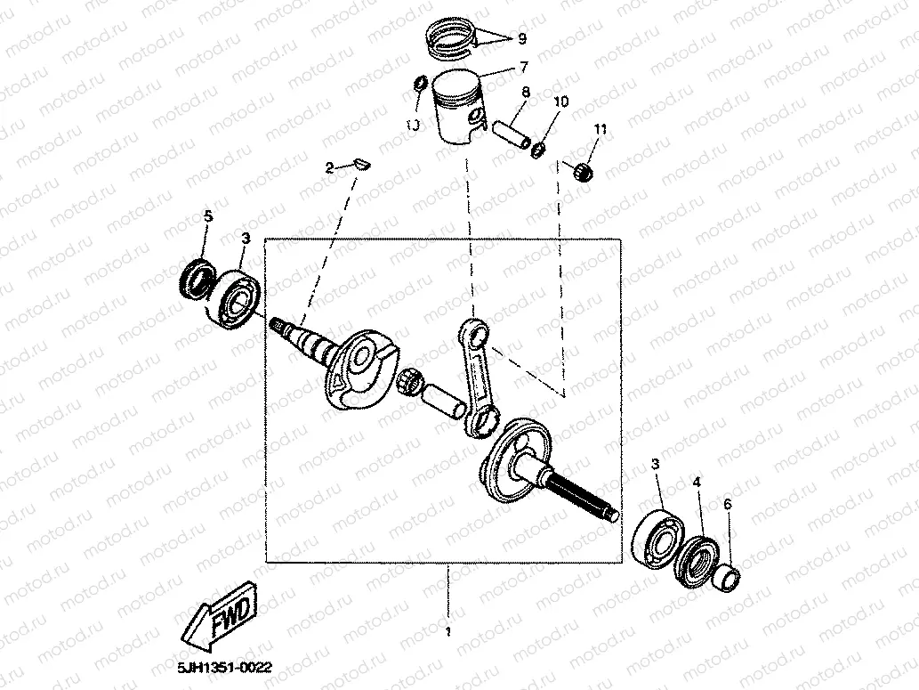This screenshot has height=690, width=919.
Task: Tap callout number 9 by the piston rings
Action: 522,39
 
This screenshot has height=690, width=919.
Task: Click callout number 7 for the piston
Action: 524,67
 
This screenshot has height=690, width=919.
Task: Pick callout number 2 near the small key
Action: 328,167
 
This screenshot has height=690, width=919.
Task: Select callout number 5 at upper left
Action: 208,216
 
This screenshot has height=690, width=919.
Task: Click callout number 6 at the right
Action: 728,504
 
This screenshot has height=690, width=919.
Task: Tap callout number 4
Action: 697,482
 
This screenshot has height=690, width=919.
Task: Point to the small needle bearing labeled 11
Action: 583,170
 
